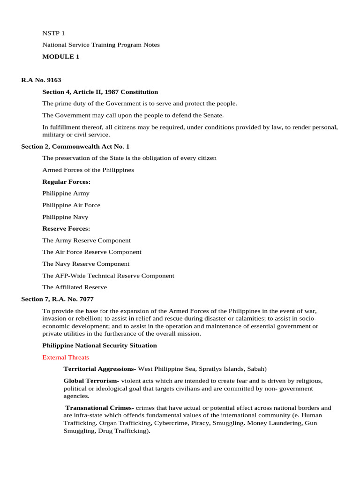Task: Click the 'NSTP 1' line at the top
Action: point(53,33)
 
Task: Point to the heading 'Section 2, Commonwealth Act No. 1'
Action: point(75,147)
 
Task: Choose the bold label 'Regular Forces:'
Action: point(66,181)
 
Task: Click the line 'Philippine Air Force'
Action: point(71,205)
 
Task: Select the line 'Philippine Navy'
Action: point(65,217)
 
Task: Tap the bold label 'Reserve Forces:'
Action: point(66,229)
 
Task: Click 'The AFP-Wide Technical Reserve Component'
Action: point(108,276)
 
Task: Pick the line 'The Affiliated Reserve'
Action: point(75,287)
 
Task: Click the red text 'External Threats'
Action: point(66,358)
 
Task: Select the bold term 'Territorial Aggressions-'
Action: point(100,369)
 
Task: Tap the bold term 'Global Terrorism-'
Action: point(91,381)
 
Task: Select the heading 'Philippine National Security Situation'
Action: point(99,345)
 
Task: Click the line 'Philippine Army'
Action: point(66,193)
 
